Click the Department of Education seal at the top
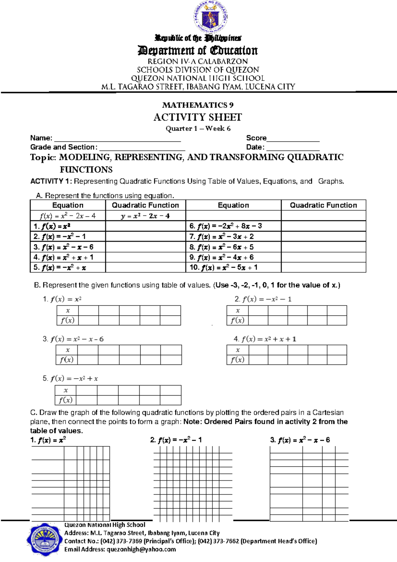pos(211,16)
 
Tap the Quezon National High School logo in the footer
pos(45,540)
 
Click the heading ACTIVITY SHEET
pos(198,117)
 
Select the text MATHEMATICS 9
pos(198,105)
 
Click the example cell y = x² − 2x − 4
pos(145,216)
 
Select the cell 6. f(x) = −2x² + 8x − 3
pos(226,226)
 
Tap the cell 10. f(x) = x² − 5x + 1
pos(224,267)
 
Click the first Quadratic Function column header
pos(145,205)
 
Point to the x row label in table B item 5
pos(66,390)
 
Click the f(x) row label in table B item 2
pos(237,320)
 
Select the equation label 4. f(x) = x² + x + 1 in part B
pos(265,339)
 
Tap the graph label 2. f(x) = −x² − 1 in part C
pos(176,440)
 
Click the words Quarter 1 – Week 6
pos(198,129)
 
